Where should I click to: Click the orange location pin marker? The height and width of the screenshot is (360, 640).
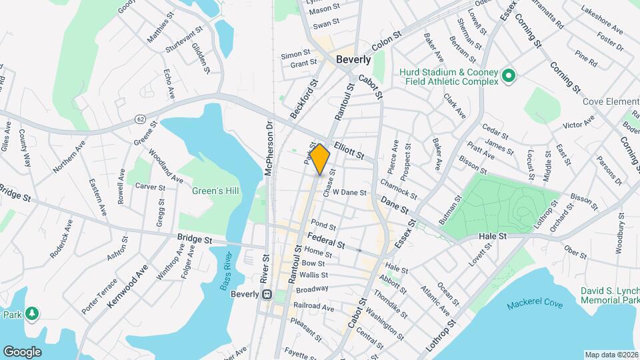(320, 159)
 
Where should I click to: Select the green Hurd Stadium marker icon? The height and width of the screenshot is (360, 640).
(509, 76)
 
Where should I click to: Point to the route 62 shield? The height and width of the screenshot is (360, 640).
(139, 119)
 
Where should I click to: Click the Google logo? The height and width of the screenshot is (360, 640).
(23, 351)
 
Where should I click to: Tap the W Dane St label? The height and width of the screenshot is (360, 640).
(350, 192)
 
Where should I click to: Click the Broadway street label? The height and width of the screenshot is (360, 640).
(312, 289)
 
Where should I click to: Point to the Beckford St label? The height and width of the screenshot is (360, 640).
(304, 101)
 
